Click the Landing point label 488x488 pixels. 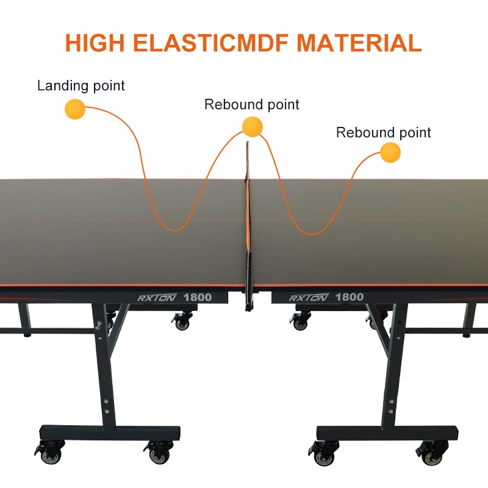coord(81,85)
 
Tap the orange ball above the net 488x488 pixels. coord(252,126)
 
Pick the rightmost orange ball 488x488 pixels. coord(389,152)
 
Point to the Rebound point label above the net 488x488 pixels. coord(251,104)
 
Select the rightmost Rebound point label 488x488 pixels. coord(383,132)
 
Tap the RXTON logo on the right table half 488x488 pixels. coord(309,298)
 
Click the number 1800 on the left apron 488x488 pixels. coord(198,298)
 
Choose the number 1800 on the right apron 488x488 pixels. coord(350,298)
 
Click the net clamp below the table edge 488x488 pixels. coord(250,299)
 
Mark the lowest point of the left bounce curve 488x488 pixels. coord(176,230)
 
